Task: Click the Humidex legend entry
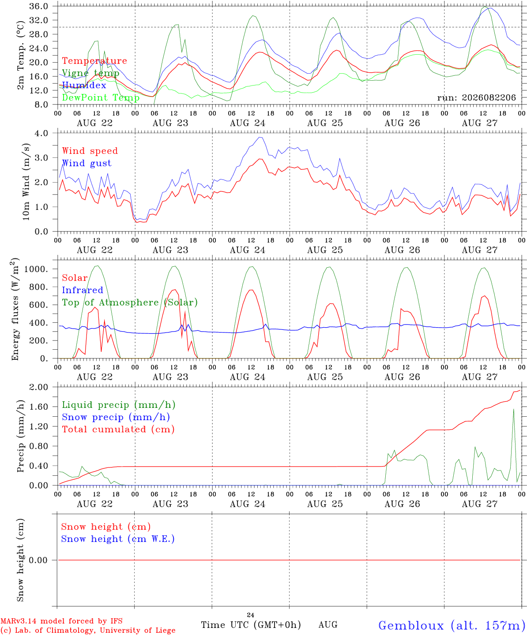tap(84, 85)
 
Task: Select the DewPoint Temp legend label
tap(101, 97)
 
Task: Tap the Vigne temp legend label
tap(91, 73)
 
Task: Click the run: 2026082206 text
tap(476, 97)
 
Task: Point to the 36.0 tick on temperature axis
tap(38, 6)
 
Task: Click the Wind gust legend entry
tap(87, 163)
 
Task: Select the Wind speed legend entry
tap(90, 151)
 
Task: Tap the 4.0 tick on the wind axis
tap(41, 133)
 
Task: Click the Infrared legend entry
tap(83, 290)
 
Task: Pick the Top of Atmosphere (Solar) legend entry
tap(130, 303)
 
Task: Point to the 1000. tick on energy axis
tap(36, 269)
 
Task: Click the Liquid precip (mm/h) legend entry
tap(119, 405)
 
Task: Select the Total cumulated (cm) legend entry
tap(118, 430)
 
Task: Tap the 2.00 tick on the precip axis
tap(39, 387)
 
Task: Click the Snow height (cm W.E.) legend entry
tap(118, 539)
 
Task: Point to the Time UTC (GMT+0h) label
tap(251, 625)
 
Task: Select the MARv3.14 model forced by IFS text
tap(61, 621)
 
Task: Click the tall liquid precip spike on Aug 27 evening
tap(514, 410)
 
